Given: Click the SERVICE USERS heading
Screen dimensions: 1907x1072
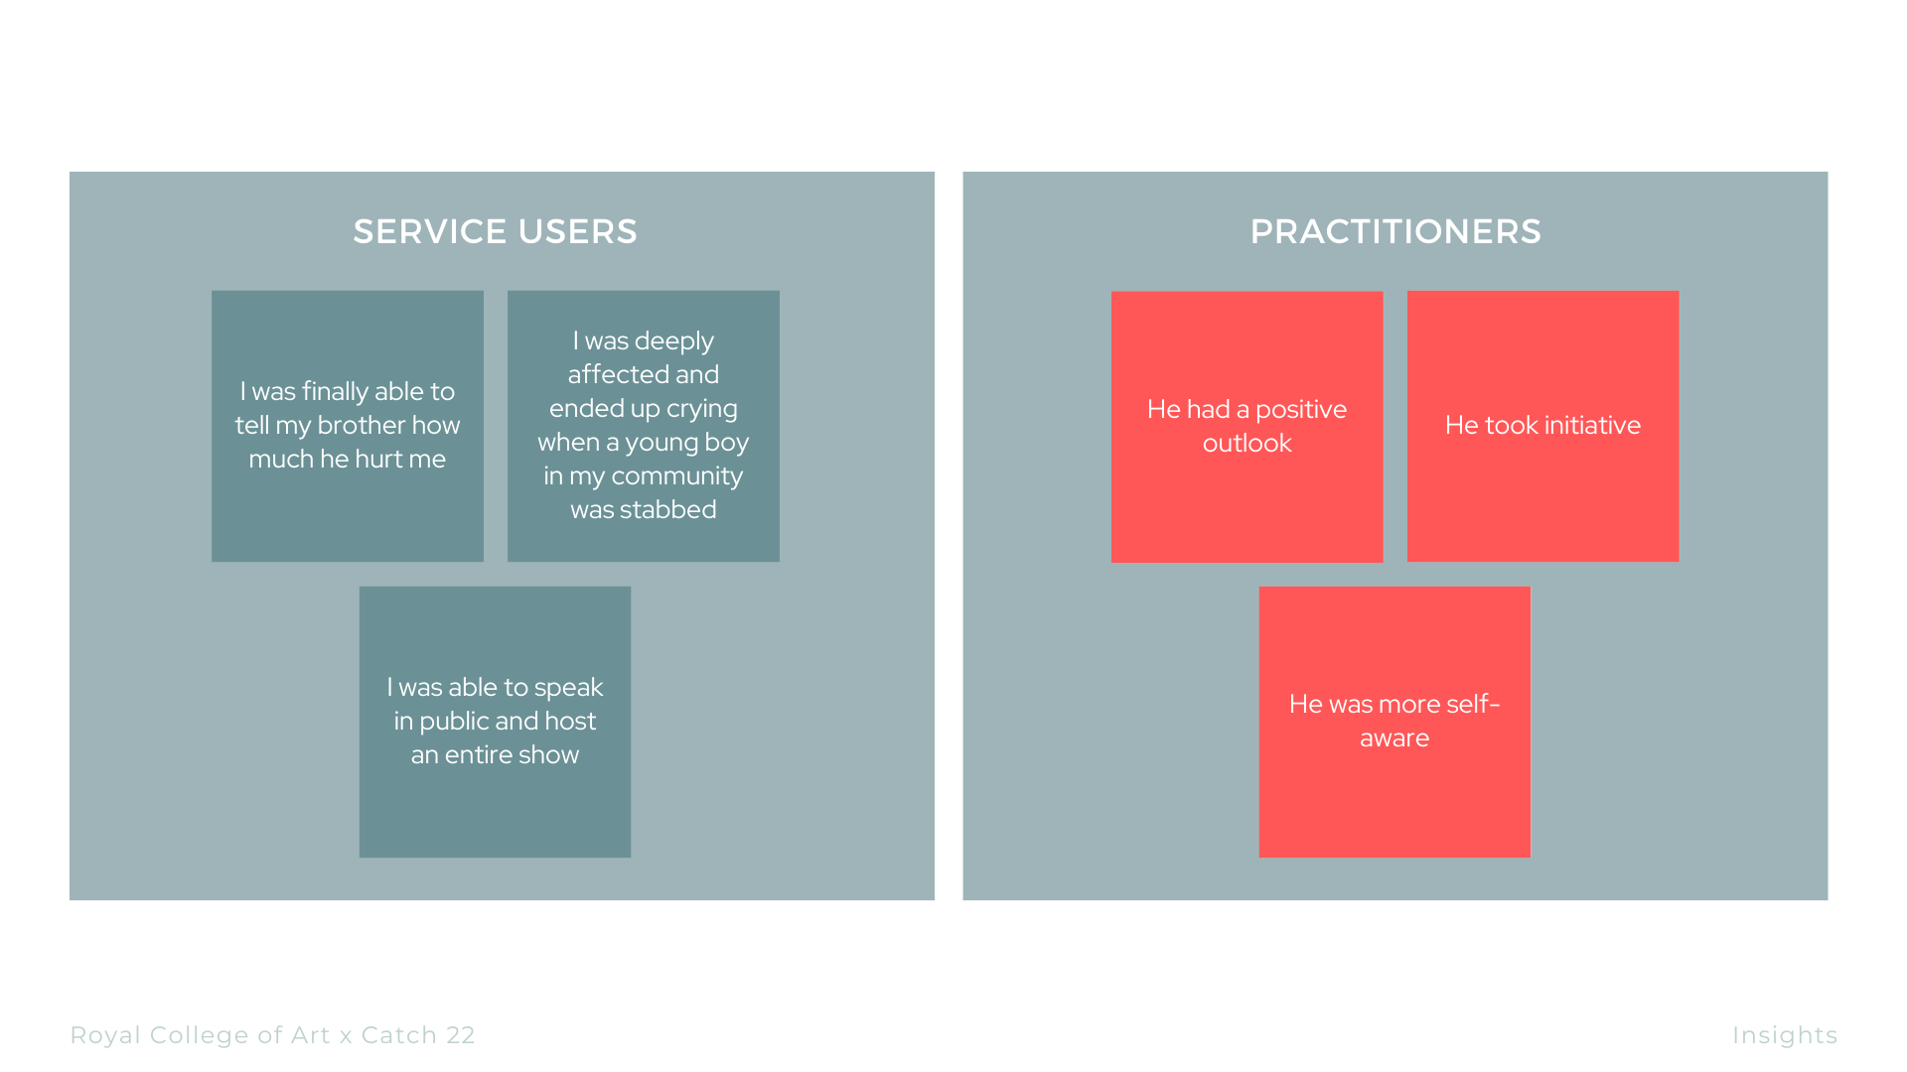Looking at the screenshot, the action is click(x=495, y=231).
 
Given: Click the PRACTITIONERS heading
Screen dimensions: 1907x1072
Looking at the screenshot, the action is click(x=1394, y=231).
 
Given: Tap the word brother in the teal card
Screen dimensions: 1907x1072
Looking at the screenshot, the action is click(x=360, y=425).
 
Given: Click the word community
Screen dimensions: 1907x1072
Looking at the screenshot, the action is click(x=676, y=475).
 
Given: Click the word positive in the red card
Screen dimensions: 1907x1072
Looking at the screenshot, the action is click(x=1300, y=409).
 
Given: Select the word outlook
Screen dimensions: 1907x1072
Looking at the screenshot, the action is click(x=1247, y=443).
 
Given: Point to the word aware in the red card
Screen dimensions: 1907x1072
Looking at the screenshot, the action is click(x=1394, y=737).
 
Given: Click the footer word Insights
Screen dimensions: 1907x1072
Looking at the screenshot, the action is click(x=1784, y=1035).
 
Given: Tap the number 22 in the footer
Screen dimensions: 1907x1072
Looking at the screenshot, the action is click(x=460, y=1035).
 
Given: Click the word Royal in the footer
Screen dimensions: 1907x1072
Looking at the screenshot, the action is click(x=105, y=1035).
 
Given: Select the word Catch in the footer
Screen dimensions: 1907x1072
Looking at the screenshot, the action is click(x=398, y=1035).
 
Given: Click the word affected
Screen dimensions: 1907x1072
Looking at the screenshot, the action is click(x=643, y=374).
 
